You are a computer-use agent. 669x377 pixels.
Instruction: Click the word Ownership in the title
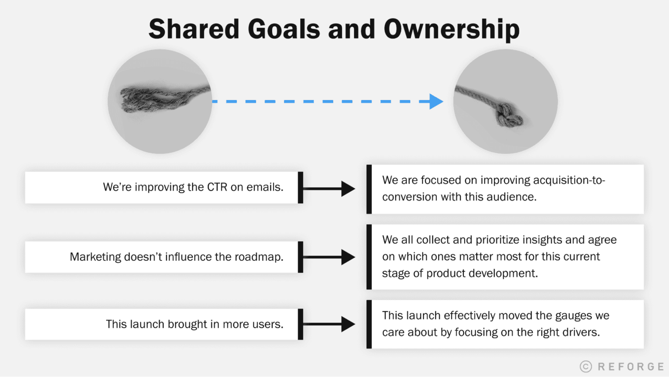451,29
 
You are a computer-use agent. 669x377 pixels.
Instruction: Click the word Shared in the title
194,29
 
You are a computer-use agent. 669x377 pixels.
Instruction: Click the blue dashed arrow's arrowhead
436,101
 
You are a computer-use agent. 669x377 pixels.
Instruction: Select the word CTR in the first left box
217,187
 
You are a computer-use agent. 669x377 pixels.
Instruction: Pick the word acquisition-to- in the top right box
569,180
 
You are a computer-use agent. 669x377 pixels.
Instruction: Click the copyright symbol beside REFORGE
586,367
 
